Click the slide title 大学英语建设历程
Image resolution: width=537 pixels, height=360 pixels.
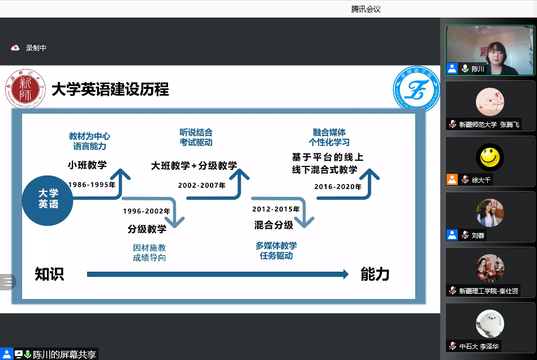110,90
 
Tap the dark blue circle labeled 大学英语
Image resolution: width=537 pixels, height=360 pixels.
48,198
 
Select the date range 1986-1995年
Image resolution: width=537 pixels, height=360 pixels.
91,185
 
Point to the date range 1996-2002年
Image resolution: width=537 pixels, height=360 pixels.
147,211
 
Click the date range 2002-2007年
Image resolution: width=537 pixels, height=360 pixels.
201,185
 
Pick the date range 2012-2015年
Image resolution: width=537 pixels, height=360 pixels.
276,209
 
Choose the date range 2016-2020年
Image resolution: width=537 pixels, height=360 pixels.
338,187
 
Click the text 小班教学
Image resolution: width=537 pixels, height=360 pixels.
87,165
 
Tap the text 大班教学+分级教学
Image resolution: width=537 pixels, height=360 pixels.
194,166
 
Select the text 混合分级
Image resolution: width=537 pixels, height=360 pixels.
274,225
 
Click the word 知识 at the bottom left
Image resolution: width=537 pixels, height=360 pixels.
49,274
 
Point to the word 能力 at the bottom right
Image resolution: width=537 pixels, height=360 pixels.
375,274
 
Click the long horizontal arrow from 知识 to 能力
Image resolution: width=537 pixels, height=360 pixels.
218,275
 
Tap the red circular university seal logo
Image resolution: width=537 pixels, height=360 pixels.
24,89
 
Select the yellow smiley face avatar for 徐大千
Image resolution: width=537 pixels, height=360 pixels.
489,157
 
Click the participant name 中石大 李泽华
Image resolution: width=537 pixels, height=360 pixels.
479,346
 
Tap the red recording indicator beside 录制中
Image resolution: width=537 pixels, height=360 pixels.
15,48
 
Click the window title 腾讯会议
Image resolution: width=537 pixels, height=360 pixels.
366,8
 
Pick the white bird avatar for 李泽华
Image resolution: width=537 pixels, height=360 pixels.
489,324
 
